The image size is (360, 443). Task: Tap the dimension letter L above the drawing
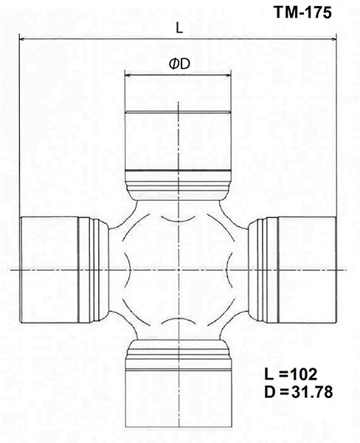coord(180,27)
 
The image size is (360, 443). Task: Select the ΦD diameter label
coord(180,64)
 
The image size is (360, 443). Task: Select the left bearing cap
coord(48,271)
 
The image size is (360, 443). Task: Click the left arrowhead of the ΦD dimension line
coord(126,75)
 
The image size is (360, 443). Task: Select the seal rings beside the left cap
coord(90,271)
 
